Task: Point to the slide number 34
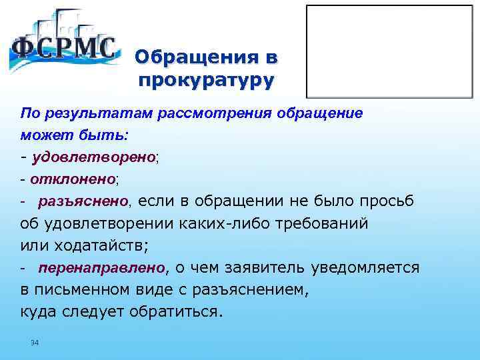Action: click(x=35, y=343)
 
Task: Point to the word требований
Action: click(x=323, y=223)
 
